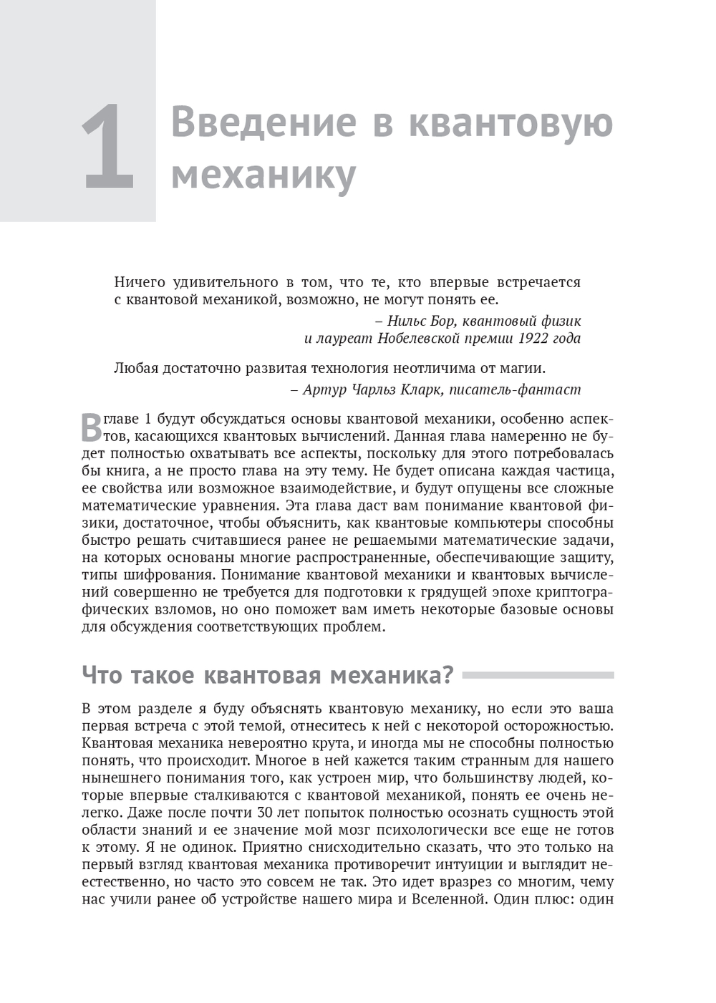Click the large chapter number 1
click(x=109, y=147)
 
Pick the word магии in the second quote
click(x=523, y=369)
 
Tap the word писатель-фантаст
click(x=515, y=390)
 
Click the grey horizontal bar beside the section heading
click(x=538, y=675)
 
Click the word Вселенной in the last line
click(x=451, y=899)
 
